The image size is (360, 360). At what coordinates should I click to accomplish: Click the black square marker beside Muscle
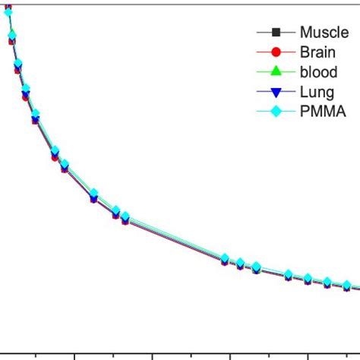[276, 32]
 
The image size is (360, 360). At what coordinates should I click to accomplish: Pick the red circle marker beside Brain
[276, 52]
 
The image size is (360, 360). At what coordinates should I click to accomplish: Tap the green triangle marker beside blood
[276, 71]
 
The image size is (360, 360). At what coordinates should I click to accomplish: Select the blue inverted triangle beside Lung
[276, 92]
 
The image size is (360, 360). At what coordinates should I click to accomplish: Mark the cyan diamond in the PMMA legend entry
[276, 111]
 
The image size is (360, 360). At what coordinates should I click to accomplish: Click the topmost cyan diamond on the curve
[8, 12]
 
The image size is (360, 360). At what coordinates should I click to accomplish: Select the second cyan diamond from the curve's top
[12, 34]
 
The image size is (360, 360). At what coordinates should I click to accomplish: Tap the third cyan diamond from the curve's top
[18, 63]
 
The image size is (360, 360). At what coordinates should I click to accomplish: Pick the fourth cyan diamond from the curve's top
[26, 88]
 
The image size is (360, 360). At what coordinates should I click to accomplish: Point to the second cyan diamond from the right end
[327, 281]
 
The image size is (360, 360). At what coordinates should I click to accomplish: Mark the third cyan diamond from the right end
[308, 277]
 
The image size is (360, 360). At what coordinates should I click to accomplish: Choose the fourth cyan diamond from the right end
[289, 273]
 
